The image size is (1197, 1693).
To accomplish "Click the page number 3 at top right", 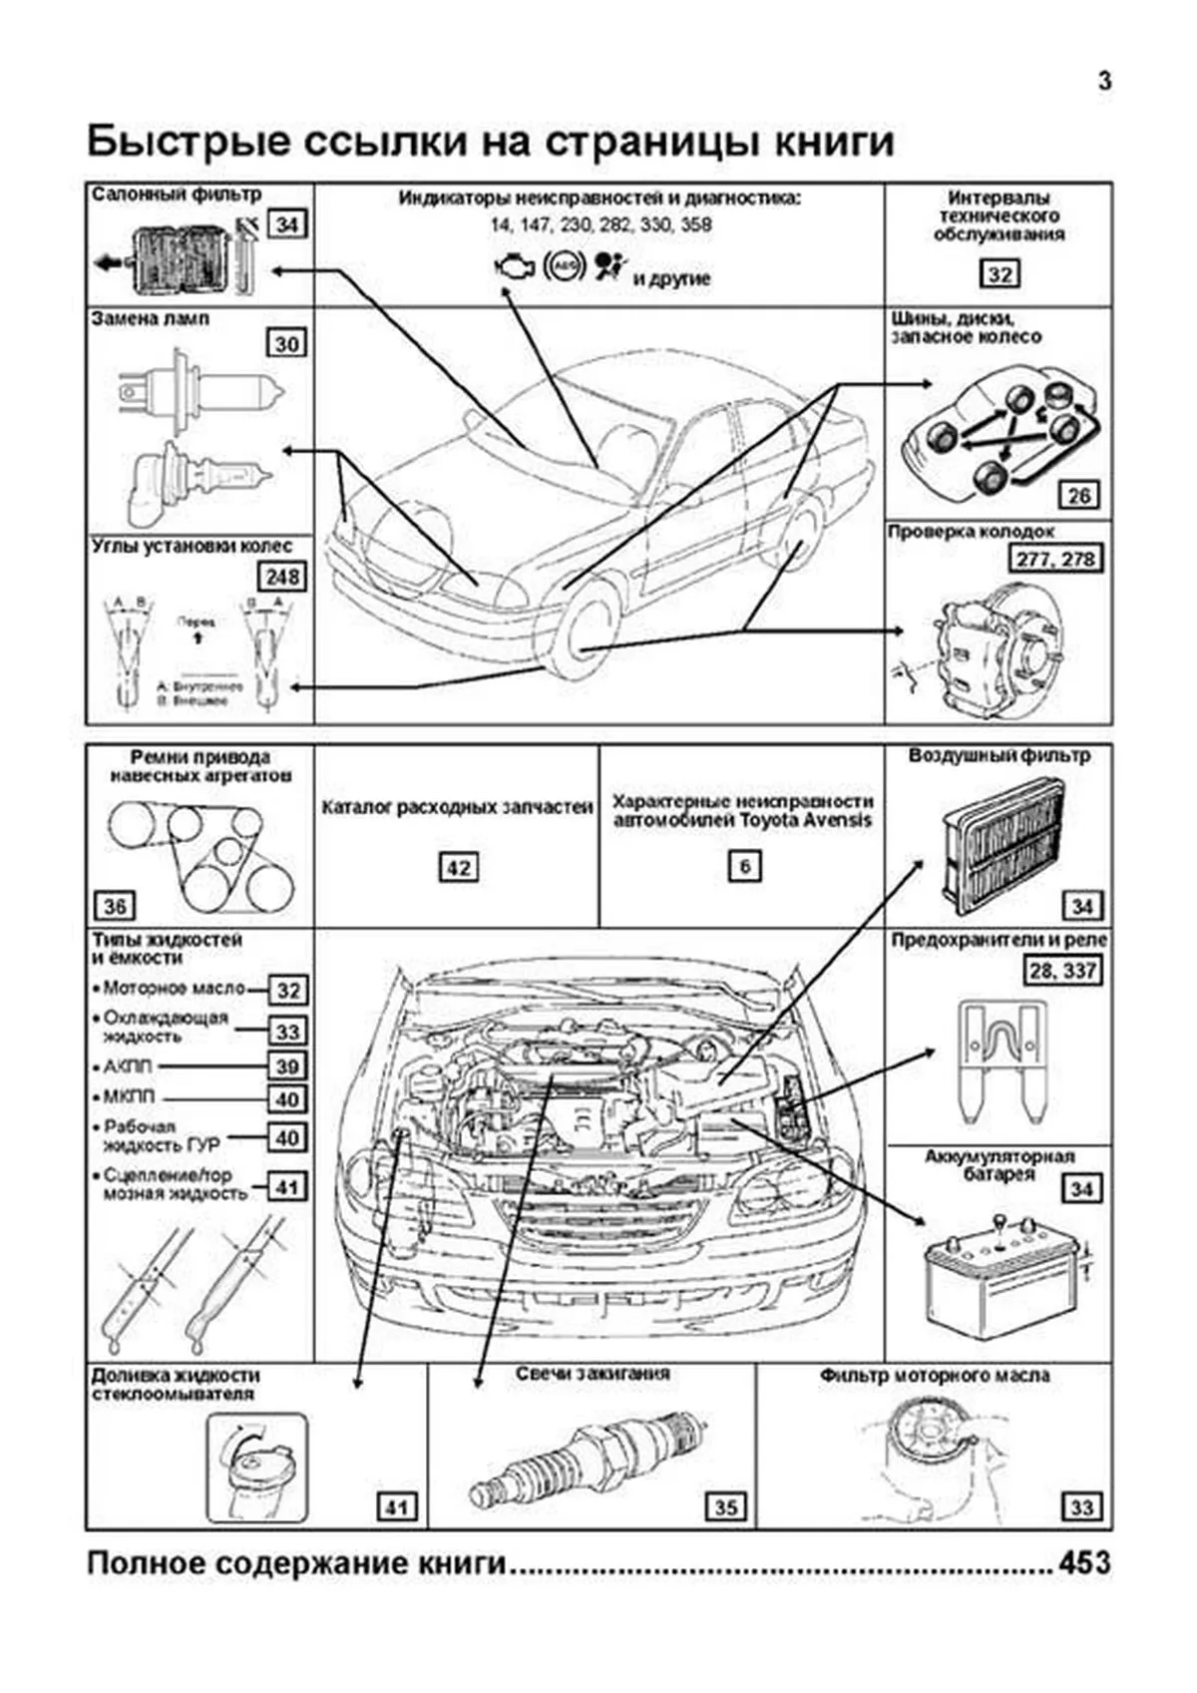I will click(1104, 82).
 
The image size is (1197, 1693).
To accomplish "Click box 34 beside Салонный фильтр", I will click(287, 224).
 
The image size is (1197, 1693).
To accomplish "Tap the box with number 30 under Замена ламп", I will click(287, 344).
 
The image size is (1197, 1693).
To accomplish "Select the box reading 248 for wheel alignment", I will click(282, 577).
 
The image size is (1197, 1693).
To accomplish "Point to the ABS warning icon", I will click(564, 266).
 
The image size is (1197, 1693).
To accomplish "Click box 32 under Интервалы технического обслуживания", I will click(998, 274).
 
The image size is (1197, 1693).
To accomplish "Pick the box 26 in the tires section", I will click(1079, 495).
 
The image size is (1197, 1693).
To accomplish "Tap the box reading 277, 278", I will click(1056, 560).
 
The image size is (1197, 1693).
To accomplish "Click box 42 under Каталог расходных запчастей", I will click(458, 867).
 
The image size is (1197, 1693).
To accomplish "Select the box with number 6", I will click(744, 866).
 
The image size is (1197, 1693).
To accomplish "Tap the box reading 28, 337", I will click(1063, 970).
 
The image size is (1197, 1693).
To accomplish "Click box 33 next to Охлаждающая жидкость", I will click(287, 1031).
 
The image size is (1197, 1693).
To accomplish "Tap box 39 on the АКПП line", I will click(287, 1065).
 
